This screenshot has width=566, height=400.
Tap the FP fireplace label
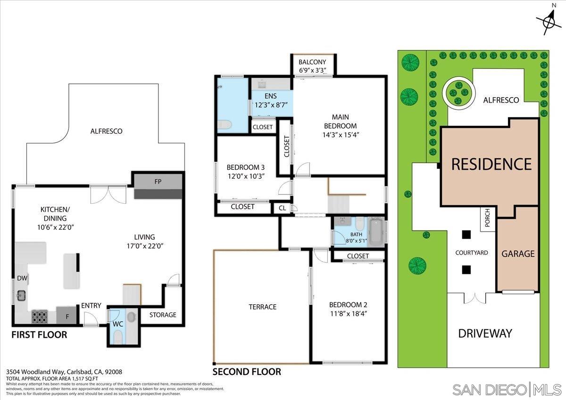158,181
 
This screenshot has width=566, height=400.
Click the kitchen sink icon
21,296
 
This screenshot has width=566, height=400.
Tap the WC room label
117,324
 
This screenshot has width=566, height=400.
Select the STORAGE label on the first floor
163,315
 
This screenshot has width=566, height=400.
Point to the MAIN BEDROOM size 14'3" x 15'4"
344,134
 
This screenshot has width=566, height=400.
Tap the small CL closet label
282,208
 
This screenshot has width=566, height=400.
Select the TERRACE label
262,307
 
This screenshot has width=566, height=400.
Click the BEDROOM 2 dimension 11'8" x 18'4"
348,313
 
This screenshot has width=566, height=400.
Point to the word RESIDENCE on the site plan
491,164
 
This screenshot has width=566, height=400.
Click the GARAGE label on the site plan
518,253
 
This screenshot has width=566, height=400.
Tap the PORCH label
487,220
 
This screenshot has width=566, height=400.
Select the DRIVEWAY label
485,333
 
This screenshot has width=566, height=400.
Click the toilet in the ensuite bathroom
224,125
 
